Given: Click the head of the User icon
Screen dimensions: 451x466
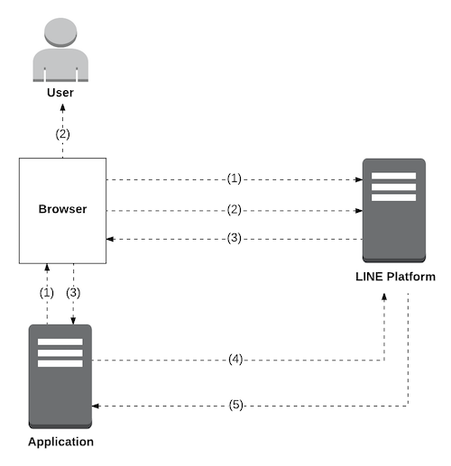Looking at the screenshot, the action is [x=60, y=32].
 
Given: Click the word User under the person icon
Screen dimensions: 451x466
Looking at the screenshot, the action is [x=60, y=93].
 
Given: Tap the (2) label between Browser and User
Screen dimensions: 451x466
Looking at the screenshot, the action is [x=62, y=134].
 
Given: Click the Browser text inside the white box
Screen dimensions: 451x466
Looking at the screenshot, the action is [x=62, y=209].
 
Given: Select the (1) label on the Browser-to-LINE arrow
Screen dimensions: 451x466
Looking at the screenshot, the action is [x=235, y=178].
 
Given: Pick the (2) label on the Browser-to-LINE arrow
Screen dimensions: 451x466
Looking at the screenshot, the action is [x=235, y=210].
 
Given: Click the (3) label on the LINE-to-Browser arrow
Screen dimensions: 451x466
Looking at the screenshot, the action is [x=235, y=238].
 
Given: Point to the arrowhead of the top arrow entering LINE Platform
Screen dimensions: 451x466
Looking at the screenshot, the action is [x=359, y=179].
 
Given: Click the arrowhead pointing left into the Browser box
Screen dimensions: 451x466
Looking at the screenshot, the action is [x=110, y=239].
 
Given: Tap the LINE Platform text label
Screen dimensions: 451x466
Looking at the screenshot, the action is [x=395, y=277].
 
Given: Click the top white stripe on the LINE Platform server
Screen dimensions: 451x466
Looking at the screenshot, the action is [x=393, y=176].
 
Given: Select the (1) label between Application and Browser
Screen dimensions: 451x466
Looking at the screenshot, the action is [x=47, y=293].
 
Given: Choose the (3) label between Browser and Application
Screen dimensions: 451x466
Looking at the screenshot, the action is [x=73, y=293].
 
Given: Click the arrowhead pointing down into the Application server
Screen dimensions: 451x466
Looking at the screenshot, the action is [x=73, y=321].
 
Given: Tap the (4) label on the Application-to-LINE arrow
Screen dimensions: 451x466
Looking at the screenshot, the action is [x=235, y=360].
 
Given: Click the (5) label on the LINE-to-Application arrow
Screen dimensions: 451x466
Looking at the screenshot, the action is [x=235, y=405].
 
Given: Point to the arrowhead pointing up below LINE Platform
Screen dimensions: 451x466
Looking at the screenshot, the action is [x=384, y=297].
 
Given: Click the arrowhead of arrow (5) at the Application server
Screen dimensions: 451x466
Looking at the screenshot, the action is [x=96, y=406].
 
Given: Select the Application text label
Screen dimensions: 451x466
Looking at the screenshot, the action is [x=60, y=442].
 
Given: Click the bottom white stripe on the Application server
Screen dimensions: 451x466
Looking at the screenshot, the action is [x=60, y=363].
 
